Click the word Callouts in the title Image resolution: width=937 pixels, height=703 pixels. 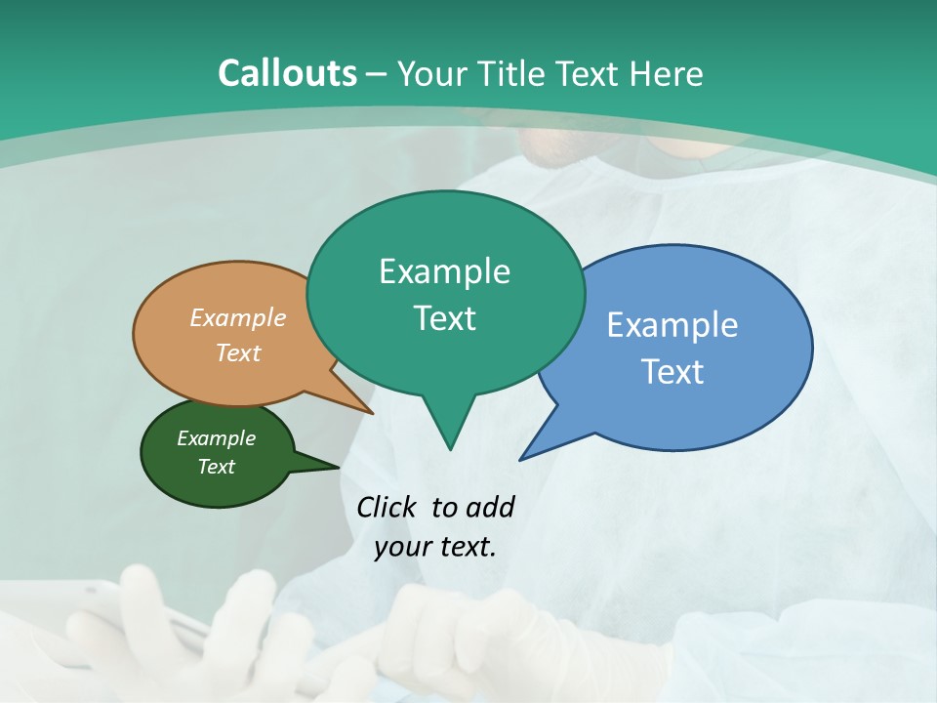tap(287, 73)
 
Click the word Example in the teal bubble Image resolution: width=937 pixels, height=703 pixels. tap(445, 271)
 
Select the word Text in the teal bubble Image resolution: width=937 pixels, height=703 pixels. tap(445, 318)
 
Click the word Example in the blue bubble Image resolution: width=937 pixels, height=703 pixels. tap(672, 325)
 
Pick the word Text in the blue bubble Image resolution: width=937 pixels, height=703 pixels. tap(672, 372)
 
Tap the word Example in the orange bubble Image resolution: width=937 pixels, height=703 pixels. tap(238, 318)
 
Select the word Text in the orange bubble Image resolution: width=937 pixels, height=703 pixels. tap(238, 353)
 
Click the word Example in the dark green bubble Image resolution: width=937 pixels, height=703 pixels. tap(217, 438)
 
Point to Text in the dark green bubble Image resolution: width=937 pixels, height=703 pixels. tap(217, 467)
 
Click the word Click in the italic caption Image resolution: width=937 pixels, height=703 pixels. tap(387, 507)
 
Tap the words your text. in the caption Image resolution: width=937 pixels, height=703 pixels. tap(435, 547)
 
